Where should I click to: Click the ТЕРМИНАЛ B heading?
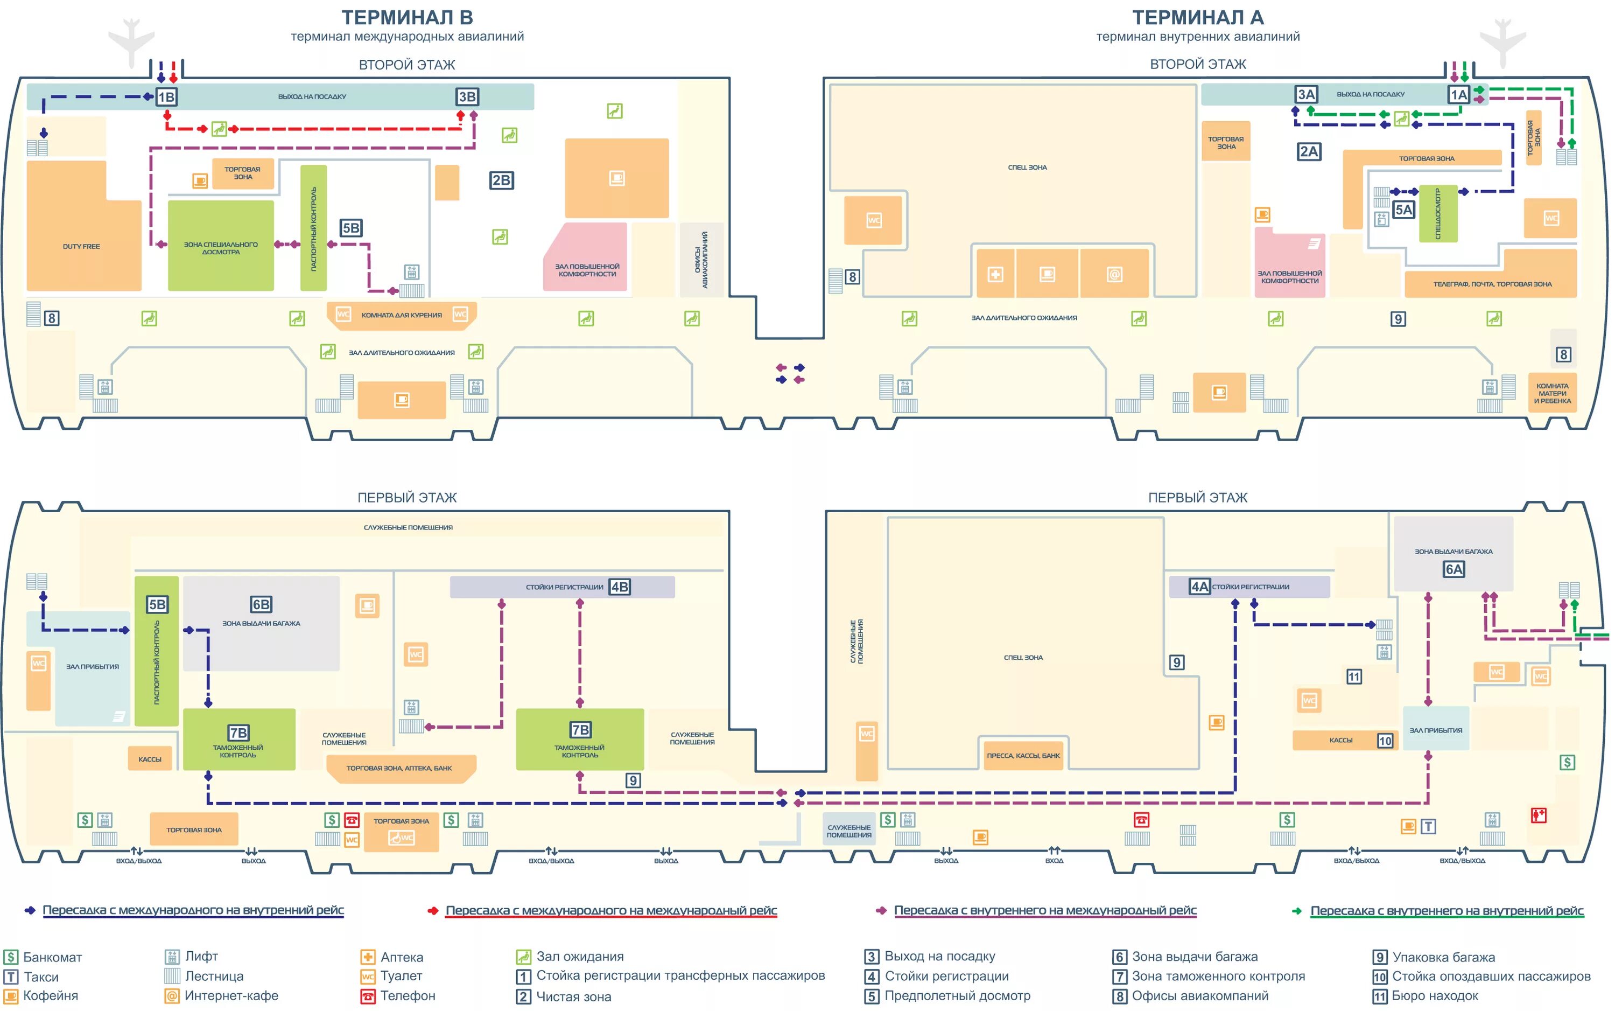tap(407, 17)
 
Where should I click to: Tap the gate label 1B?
tap(166, 97)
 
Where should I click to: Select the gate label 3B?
tap(467, 97)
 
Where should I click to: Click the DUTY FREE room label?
tap(81, 246)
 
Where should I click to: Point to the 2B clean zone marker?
tap(501, 180)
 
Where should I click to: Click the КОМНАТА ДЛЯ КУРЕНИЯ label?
tap(402, 315)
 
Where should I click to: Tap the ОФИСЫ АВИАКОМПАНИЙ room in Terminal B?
tap(701, 260)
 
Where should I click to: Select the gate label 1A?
tap(1459, 94)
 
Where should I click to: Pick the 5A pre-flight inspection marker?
tap(1403, 210)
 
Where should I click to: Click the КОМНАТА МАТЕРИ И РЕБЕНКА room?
tap(1552, 393)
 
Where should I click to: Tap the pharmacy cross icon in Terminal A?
tap(995, 274)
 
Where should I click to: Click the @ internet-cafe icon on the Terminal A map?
tap(1114, 274)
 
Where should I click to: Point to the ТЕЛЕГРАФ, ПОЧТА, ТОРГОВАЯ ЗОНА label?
tap(1492, 284)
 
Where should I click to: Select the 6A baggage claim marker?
tap(1453, 569)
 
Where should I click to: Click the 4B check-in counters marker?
tap(620, 587)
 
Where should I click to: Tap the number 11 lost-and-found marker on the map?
tap(1354, 677)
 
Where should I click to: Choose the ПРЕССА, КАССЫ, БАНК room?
tap(1023, 756)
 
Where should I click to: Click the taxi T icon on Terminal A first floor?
tap(1428, 826)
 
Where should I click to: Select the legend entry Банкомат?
tap(52, 957)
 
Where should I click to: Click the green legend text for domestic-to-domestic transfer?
tap(1447, 910)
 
